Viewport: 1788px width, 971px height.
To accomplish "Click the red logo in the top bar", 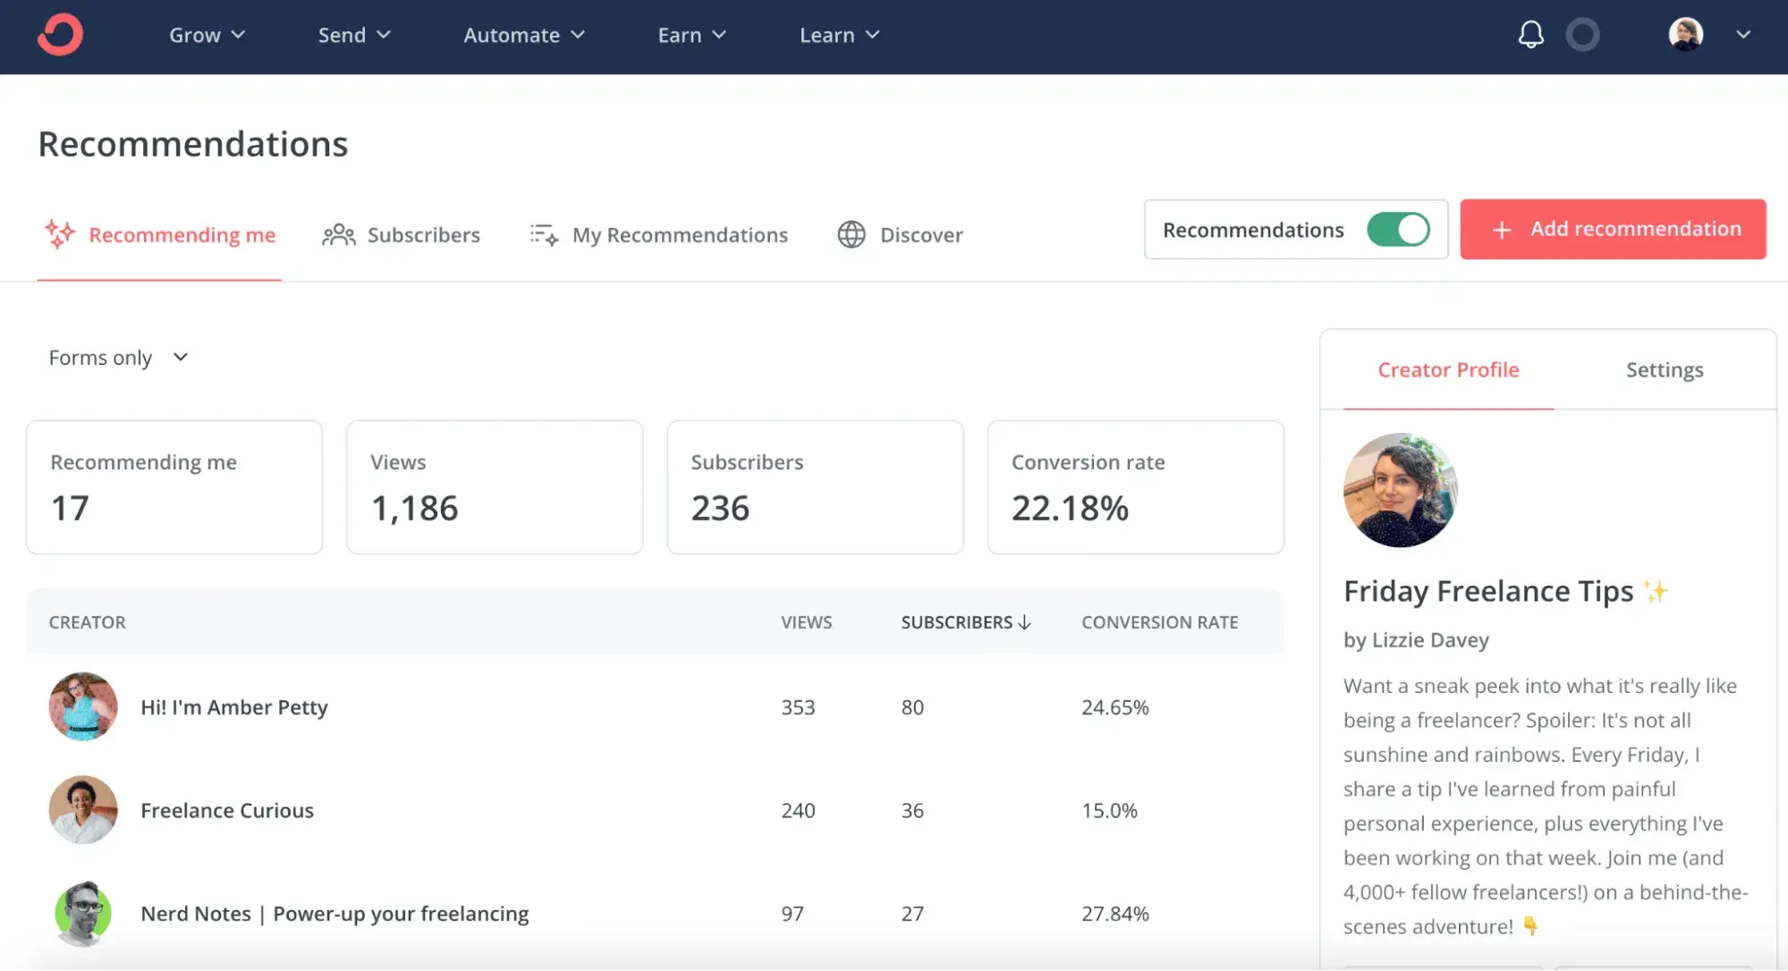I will point(60,35).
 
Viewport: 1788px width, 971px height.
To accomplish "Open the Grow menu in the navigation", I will point(207,35).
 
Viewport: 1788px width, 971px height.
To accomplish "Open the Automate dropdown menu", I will point(523,35).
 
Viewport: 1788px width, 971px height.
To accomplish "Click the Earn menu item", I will point(691,35).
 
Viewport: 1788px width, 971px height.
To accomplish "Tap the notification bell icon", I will point(1530,35).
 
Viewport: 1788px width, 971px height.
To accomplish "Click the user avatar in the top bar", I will point(1685,35).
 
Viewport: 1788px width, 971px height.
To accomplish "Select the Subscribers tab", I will point(402,235).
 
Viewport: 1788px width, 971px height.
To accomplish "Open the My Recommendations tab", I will point(659,235).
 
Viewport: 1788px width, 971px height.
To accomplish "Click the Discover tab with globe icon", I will point(901,235).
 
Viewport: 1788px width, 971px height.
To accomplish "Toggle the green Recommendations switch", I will point(1398,230).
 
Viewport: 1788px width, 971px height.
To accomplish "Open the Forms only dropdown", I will point(118,358).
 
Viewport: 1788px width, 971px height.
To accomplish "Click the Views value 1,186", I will point(414,508).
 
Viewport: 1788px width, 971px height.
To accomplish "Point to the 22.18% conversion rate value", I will point(1070,508).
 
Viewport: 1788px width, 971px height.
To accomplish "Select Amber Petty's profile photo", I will point(83,706).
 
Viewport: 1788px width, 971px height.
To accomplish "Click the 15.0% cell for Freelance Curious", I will point(1109,811).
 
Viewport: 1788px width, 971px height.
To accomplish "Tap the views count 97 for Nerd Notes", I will point(792,914).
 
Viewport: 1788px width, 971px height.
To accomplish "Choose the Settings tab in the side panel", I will point(1664,370).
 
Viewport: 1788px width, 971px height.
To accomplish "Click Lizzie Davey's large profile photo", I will point(1400,490).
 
